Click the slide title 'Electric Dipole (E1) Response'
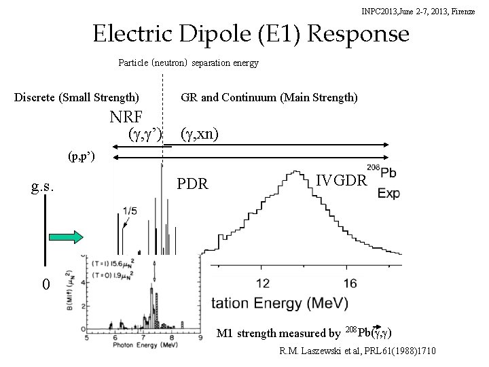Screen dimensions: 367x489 [251, 33]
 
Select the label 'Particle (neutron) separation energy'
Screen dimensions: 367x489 [188, 63]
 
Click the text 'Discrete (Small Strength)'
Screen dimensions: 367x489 [77, 97]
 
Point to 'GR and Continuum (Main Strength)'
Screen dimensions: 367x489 [269, 97]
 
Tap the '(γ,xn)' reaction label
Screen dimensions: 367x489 [199, 134]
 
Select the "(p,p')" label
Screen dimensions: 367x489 [81, 158]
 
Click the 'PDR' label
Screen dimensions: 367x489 [192, 184]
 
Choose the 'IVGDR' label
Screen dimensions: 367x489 [342, 180]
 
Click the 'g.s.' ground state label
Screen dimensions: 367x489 [43, 186]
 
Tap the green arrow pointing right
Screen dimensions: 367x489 [66, 237]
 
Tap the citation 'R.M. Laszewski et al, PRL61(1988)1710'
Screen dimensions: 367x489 [358, 350]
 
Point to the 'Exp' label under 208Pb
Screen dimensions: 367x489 [388, 194]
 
